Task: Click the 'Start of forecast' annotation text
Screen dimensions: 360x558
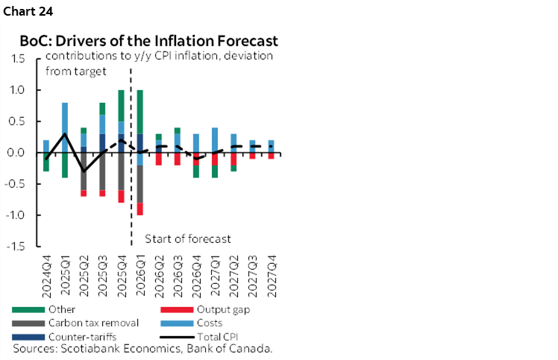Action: (187, 239)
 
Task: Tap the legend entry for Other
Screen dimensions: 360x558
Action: (51, 309)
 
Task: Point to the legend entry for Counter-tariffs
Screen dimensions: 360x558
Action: (65, 337)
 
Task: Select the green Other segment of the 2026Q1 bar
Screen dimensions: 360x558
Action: (139, 112)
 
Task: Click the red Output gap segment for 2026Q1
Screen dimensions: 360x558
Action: (139, 209)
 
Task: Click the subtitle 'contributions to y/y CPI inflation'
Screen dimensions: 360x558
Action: (159, 57)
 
